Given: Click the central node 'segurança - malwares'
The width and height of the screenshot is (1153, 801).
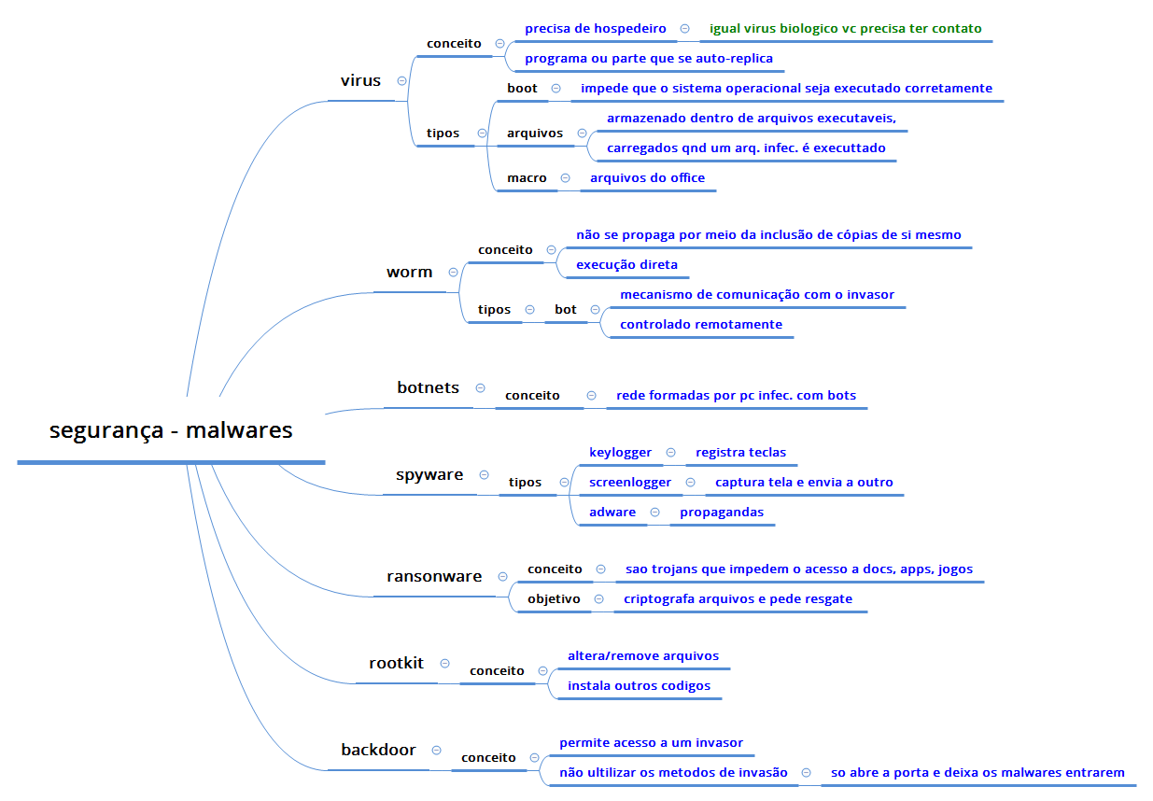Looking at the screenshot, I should point(171,431).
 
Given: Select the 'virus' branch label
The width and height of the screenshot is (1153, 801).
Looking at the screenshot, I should point(360,81).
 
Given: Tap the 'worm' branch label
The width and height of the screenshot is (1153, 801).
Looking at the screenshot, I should point(409,273).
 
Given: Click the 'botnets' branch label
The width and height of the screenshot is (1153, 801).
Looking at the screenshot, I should point(428,387).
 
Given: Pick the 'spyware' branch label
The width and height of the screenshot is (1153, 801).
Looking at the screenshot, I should point(429,475).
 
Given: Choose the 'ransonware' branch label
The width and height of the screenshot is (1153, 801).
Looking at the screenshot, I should point(434,577).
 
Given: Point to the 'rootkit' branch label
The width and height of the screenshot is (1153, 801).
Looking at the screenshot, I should point(396,664).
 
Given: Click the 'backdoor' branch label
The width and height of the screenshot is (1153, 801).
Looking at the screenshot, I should point(378,750).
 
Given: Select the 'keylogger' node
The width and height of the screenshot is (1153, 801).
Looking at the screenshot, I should point(620,453).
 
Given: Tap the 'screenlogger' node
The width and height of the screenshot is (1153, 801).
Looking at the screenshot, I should point(630,483).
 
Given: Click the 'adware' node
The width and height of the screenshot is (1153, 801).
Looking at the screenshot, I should point(612,513).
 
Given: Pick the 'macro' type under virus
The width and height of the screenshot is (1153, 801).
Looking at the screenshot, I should point(527,178).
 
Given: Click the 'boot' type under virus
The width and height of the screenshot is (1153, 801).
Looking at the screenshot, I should point(522,89).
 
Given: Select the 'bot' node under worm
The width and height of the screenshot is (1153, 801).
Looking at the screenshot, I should point(566,310).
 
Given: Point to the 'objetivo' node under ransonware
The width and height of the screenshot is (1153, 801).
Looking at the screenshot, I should point(554,598).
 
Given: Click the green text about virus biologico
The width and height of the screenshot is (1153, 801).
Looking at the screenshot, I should point(845,29).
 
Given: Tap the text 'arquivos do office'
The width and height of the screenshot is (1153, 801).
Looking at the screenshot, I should point(647,178).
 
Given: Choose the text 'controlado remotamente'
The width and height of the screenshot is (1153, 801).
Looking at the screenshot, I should point(701,325).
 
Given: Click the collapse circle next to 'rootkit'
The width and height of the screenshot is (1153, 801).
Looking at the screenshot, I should point(444,664).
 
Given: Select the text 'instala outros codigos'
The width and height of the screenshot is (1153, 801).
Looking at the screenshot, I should point(639,686).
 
